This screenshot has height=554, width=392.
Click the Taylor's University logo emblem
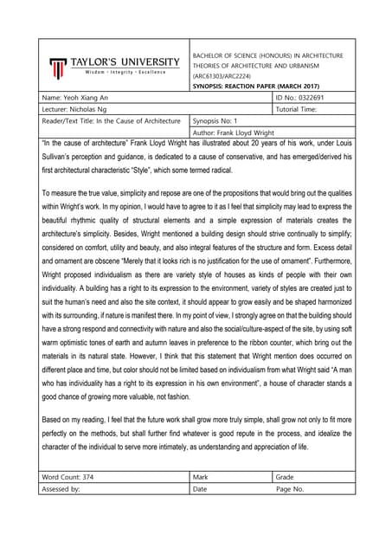[x=56, y=67]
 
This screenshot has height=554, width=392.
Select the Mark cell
[x=201, y=476]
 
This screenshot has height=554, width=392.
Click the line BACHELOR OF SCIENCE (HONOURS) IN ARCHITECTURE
[x=267, y=55]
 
